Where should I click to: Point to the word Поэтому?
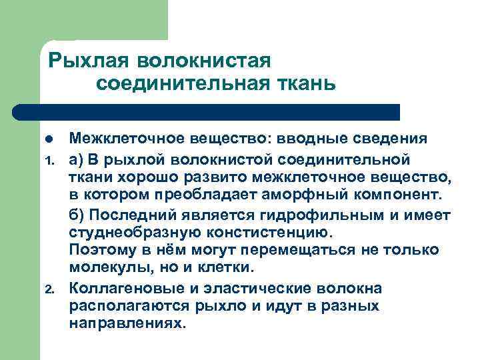point(99,250)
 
